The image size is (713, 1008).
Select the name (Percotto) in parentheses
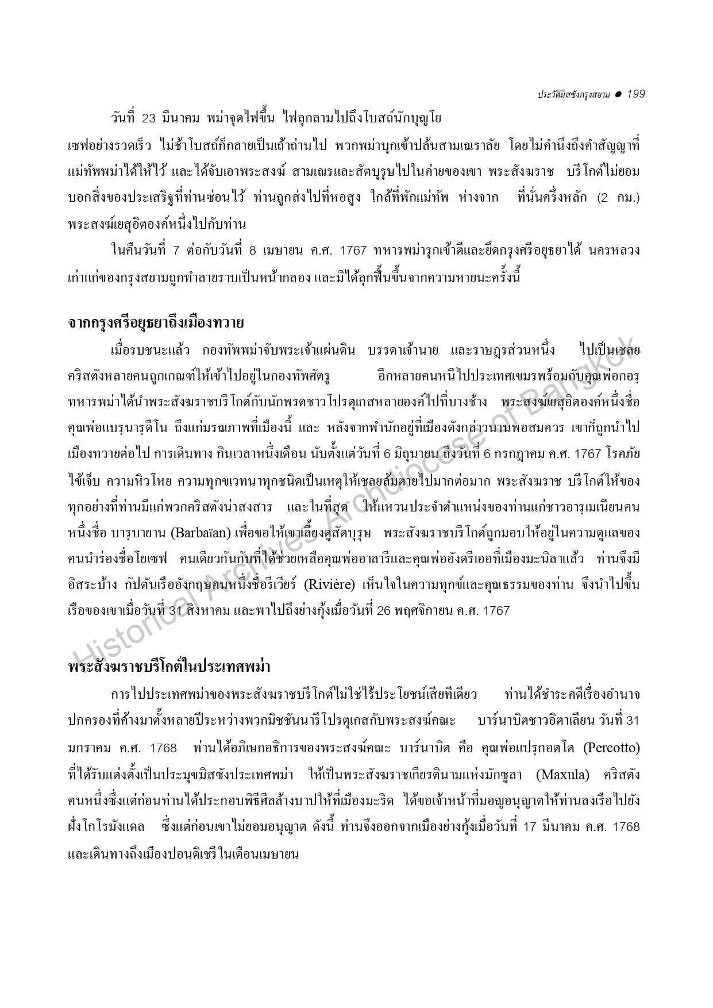pos(611,748)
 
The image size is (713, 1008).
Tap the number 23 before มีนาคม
pos(149,119)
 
